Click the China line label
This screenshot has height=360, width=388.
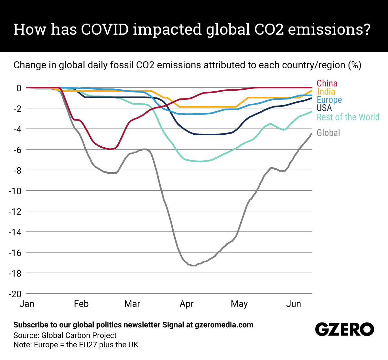(x=327, y=83)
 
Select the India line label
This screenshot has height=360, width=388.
(x=326, y=92)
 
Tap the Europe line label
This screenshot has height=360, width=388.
(x=329, y=100)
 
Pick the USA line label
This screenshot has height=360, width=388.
(x=324, y=108)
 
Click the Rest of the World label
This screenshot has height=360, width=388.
(x=348, y=117)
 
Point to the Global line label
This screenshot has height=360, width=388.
(x=328, y=133)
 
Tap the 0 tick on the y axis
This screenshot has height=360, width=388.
(x=19, y=88)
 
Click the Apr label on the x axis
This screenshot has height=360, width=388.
(x=187, y=304)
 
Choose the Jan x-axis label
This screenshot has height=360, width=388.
(x=27, y=304)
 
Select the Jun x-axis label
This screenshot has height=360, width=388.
(x=294, y=304)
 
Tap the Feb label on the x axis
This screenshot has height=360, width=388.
(x=81, y=304)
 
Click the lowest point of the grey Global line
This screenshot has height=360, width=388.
(x=193, y=265)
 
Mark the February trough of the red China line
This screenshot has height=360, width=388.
(x=110, y=149)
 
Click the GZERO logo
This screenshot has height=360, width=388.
(x=344, y=330)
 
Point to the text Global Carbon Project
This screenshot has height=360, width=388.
(x=79, y=335)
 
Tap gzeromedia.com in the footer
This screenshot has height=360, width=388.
(x=224, y=325)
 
